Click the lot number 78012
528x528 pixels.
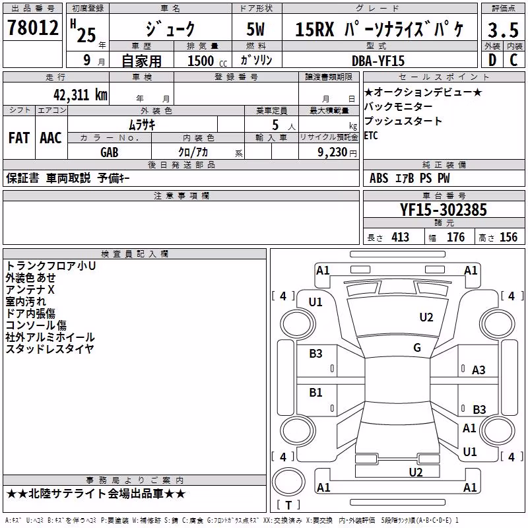click(x=32, y=27)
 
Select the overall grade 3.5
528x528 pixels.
click(x=503, y=30)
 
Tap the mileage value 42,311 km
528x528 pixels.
click(x=80, y=95)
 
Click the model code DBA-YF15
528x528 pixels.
click(x=378, y=61)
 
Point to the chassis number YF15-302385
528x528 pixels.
click(x=443, y=210)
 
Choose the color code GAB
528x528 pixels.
click(x=109, y=152)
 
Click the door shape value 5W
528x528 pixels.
click(x=255, y=29)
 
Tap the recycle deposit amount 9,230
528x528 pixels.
click(x=333, y=152)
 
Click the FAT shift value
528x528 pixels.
click(x=19, y=138)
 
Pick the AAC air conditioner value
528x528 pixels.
click(x=51, y=138)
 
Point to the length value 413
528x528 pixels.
click(x=400, y=238)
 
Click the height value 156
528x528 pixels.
click(x=508, y=238)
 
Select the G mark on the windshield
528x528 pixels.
click(x=417, y=348)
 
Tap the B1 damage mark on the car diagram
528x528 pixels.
click(x=315, y=393)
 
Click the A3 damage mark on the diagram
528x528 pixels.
click(x=478, y=370)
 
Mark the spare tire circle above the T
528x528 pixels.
click(x=288, y=482)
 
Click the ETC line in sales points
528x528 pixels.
click(x=371, y=136)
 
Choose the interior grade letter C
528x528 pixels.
click(x=514, y=60)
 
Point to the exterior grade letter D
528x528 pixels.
click(x=492, y=60)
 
